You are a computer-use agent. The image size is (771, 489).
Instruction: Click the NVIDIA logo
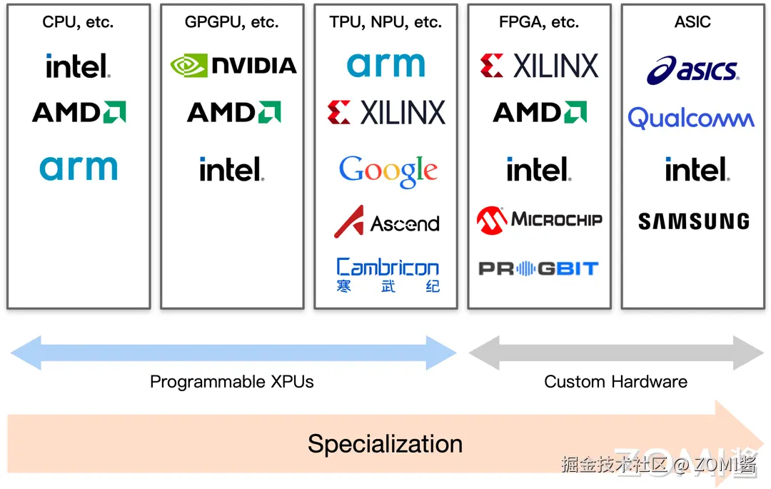tap(233, 66)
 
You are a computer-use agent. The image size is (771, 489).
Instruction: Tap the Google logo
tap(388, 171)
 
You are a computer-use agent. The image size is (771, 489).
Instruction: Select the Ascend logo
tap(386, 223)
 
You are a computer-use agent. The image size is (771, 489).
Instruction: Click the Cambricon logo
tap(388, 275)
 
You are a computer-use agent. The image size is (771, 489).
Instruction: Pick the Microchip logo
tap(539, 221)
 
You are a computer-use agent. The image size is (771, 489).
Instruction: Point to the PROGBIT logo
tap(538, 268)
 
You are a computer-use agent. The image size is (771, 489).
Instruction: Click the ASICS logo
tap(692, 71)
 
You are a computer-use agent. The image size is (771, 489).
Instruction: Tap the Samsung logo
tap(693, 221)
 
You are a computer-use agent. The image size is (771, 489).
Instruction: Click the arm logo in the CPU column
tap(79, 168)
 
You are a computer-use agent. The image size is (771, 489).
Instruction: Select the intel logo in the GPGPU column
tap(231, 170)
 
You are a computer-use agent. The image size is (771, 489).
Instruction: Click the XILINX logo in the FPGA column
tap(539, 66)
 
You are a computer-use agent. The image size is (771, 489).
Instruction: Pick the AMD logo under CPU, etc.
tap(79, 112)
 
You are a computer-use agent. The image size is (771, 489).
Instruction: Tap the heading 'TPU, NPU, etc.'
tap(385, 22)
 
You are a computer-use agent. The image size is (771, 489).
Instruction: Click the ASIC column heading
tap(692, 22)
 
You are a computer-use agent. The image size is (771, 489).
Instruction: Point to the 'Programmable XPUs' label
tap(232, 382)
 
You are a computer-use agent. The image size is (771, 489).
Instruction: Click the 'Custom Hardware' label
tap(615, 382)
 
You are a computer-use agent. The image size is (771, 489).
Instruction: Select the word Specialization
tap(385, 444)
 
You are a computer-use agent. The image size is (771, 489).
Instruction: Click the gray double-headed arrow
tap(615, 352)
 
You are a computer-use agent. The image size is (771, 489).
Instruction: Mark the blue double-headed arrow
tap(233, 352)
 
